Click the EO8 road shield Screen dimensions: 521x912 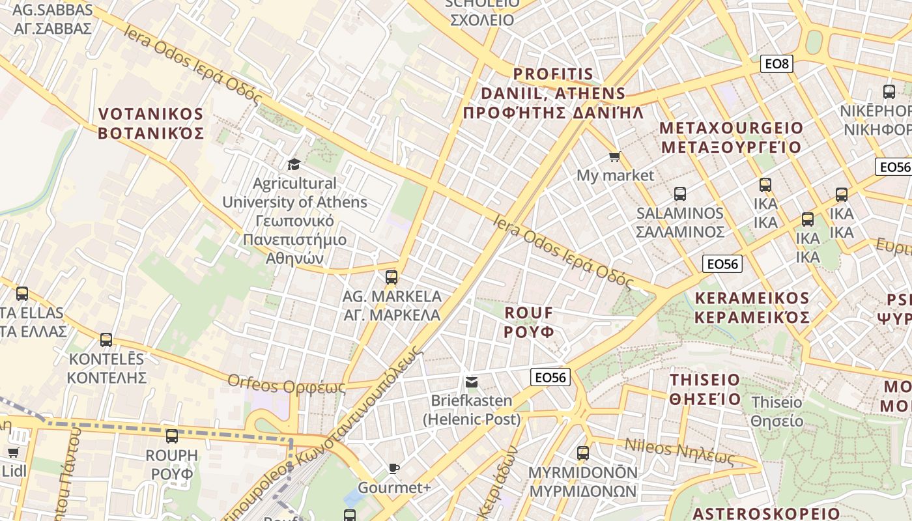coord(777,64)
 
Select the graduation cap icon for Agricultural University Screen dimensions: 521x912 coord(294,163)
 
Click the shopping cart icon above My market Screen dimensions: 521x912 coord(614,157)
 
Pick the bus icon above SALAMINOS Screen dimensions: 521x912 coord(680,194)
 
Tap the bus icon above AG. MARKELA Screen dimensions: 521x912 coord(392,277)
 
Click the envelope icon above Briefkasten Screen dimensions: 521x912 coord(471,382)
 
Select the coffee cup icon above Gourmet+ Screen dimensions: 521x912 coord(394,468)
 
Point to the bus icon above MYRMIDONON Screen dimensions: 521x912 coord(583,453)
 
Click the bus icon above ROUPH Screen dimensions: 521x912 coord(172,436)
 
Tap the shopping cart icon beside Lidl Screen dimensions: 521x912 coord(13,452)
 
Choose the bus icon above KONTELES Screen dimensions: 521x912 coord(106,340)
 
